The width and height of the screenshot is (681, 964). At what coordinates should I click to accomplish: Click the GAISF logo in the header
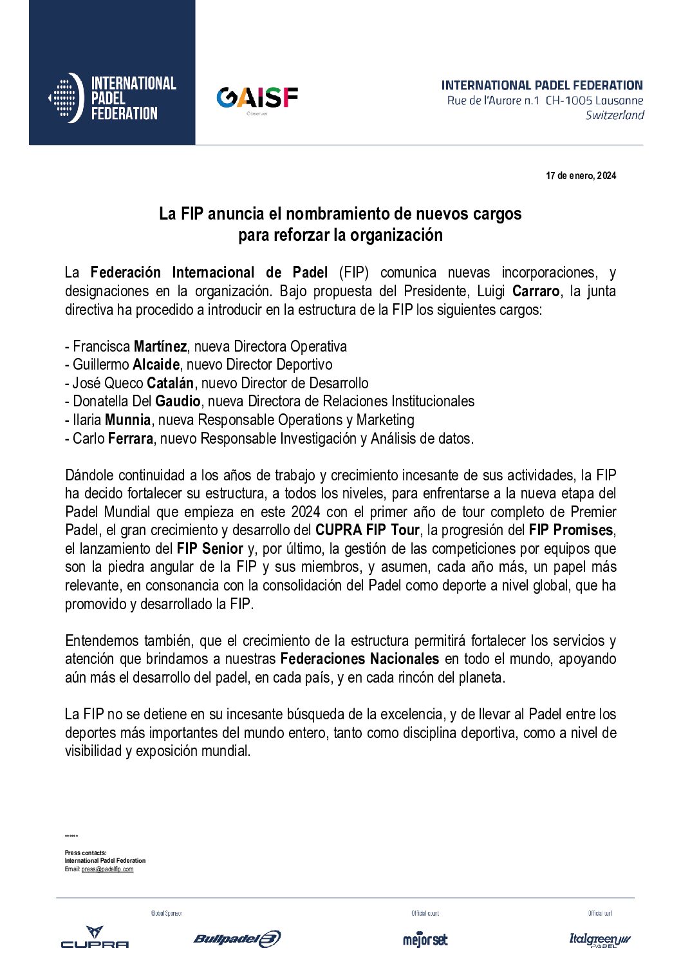(257, 98)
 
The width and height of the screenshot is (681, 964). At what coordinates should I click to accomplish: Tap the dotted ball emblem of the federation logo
(66, 98)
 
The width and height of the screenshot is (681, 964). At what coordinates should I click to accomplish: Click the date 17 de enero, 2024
(581, 176)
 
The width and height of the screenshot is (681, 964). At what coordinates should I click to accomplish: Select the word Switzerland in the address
(615, 115)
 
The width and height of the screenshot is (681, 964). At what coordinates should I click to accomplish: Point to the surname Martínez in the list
(160, 346)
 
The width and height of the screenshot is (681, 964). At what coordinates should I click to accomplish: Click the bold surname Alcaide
(156, 365)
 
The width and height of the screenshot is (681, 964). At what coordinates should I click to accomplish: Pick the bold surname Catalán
(170, 383)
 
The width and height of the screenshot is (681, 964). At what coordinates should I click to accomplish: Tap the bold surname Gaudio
(178, 402)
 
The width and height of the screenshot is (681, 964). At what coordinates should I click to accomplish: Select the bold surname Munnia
(127, 420)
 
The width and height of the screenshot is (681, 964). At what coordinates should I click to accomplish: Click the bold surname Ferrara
(130, 439)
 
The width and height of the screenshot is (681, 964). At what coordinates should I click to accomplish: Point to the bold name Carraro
(536, 291)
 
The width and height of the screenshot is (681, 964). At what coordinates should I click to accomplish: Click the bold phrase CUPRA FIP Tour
(367, 531)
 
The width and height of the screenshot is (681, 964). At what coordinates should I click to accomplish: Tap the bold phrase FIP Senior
(210, 549)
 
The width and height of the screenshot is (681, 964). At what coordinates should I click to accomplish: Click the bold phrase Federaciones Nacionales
(359, 659)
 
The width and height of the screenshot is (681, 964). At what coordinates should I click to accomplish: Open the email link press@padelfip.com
(107, 869)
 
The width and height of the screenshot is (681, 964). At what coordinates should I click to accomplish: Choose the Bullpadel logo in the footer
(237, 939)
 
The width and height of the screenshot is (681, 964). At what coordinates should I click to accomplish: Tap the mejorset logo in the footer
(425, 940)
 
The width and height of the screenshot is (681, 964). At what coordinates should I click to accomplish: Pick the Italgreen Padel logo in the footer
(599, 940)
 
